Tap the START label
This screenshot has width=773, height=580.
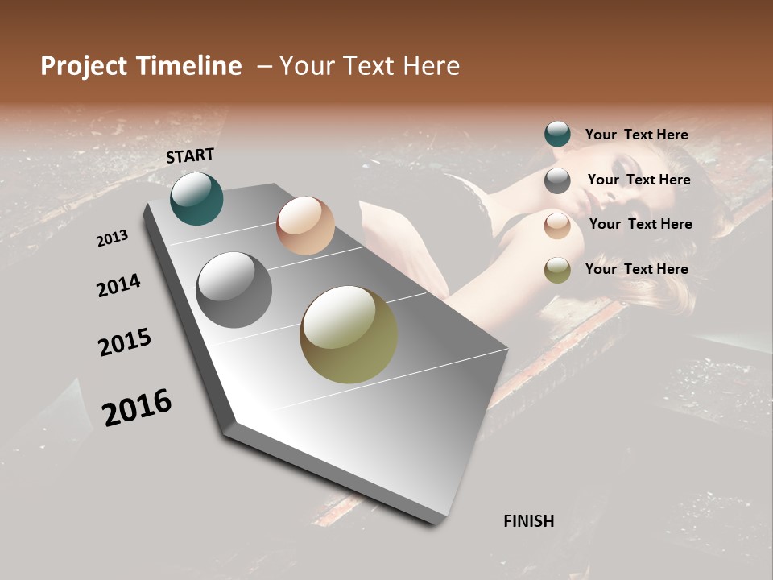tap(190, 155)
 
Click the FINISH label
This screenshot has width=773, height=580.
tap(529, 521)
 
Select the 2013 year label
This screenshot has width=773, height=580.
tap(112, 238)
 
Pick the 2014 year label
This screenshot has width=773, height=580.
tap(118, 286)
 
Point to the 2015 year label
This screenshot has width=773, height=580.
tap(125, 343)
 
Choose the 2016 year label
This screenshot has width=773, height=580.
tap(137, 408)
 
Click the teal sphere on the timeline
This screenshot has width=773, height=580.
tap(196, 198)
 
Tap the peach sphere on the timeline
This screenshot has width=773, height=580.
tap(305, 226)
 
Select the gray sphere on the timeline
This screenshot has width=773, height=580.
tap(234, 290)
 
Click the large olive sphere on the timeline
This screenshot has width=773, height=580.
tap(349, 334)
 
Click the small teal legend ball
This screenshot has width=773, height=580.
tap(557, 135)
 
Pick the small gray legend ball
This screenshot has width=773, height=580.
tap(557, 180)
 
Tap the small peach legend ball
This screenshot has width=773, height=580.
tap(557, 226)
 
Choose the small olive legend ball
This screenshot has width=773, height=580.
tap(557, 270)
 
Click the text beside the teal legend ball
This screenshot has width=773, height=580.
tap(636, 135)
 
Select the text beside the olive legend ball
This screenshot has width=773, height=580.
tap(636, 269)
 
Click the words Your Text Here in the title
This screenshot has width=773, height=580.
tap(370, 66)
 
